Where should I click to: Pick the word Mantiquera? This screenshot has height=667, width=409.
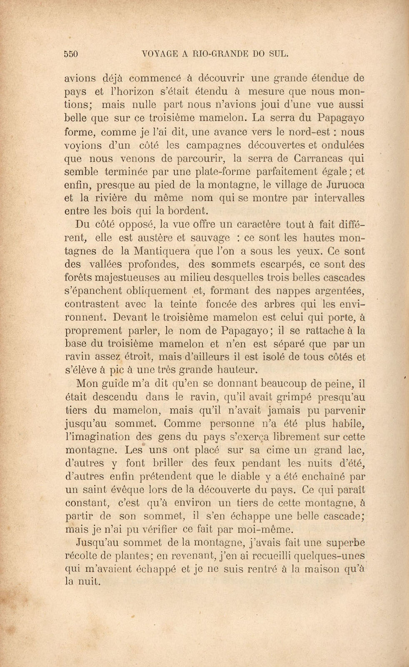point(162,251)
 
